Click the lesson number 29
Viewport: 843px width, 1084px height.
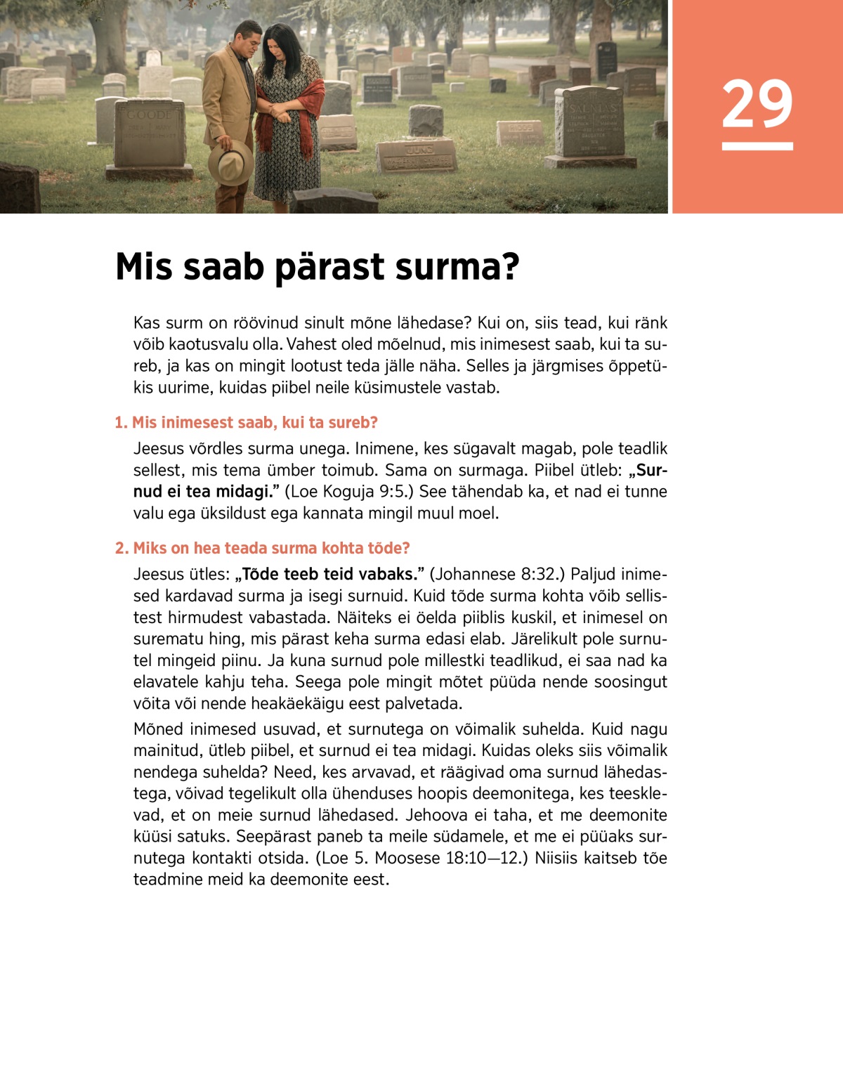757,104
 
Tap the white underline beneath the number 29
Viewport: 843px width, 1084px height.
757,146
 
